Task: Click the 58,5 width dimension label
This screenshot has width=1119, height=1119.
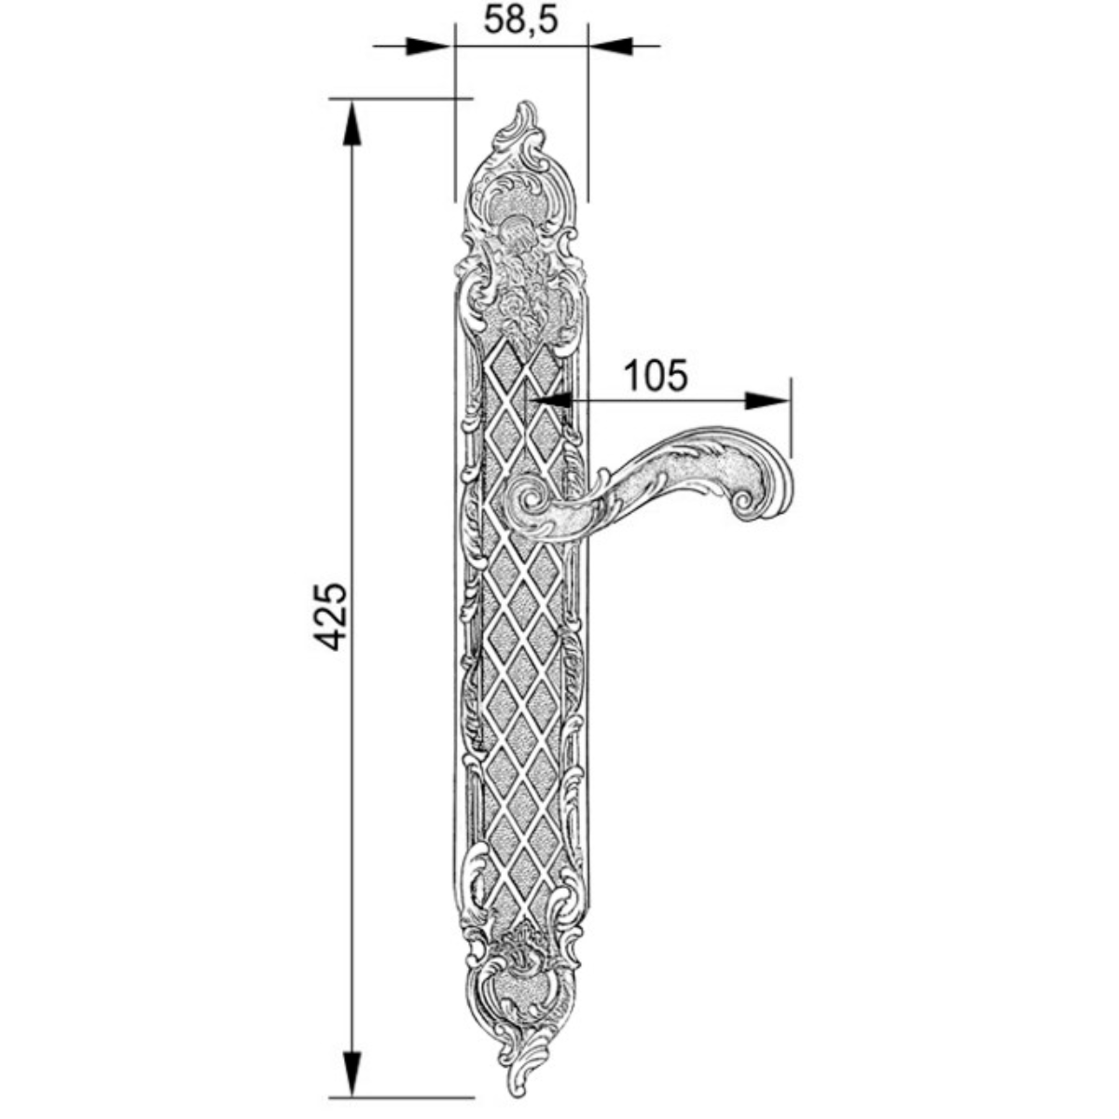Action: (520, 20)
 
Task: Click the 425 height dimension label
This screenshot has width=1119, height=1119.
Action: (330, 616)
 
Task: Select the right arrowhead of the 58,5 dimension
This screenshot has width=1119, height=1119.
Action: (611, 47)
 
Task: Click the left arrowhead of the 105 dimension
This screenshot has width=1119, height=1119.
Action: (548, 400)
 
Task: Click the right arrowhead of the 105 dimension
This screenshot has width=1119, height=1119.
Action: (767, 400)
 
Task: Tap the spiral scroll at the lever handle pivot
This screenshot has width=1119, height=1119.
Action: (531, 501)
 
